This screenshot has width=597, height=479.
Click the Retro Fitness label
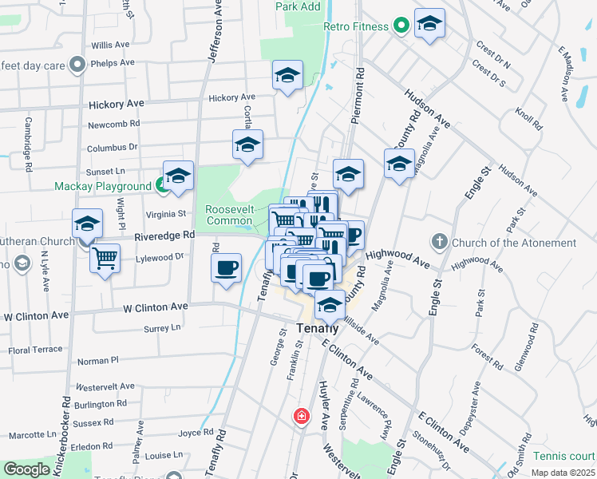tap(356, 26)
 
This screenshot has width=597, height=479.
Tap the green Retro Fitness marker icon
tap(401, 26)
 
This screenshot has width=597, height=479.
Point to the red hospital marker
tap(302, 416)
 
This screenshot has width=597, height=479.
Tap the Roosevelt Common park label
tap(229, 214)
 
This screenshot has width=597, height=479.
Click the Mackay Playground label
tap(102, 186)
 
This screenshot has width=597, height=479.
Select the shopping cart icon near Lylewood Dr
tap(105, 258)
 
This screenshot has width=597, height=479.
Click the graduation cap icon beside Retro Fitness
tap(429, 25)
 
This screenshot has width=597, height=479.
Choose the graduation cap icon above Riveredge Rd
tap(87, 224)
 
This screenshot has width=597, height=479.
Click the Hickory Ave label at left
tap(117, 104)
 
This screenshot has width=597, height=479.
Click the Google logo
tap(27, 469)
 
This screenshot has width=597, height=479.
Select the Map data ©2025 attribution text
tap(563, 473)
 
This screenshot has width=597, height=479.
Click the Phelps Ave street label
tap(113, 63)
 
